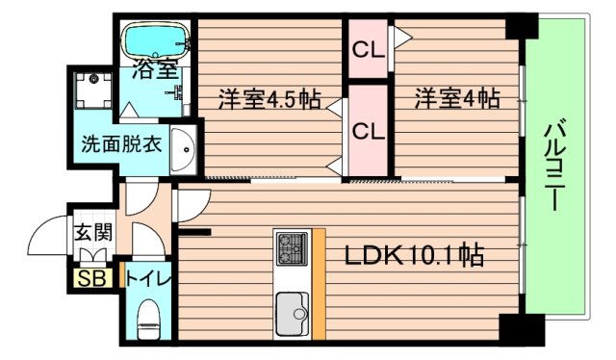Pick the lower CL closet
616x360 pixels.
[368, 130]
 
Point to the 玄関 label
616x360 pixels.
[93, 234]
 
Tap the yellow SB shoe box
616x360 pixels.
[93, 278]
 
